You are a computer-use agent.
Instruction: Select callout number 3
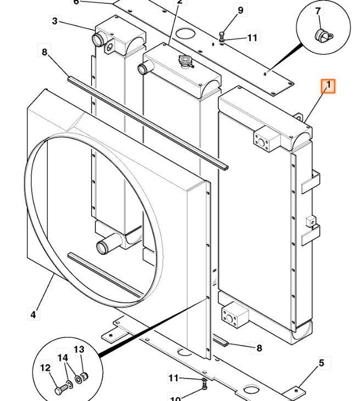(x=55, y=21)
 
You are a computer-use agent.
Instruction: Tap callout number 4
(x=33, y=314)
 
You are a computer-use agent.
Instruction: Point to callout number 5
(x=322, y=363)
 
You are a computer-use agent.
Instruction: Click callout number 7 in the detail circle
(x=318, y=11)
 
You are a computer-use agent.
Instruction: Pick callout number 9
(x=240, y=10)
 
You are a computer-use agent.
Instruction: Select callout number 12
(x=46, y=368)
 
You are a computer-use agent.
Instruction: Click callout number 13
(x=79, y=349)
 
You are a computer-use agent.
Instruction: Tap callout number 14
(x=63, y=358)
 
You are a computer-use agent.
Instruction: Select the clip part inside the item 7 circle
(x=324, y=36)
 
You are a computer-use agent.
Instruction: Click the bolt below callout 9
(x=221, y=34)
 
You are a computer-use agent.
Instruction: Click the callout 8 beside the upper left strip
(x=44, y=52)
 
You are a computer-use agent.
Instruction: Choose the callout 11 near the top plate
(x=252, y=38)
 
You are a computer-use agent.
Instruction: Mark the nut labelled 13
(x=85, y=377)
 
